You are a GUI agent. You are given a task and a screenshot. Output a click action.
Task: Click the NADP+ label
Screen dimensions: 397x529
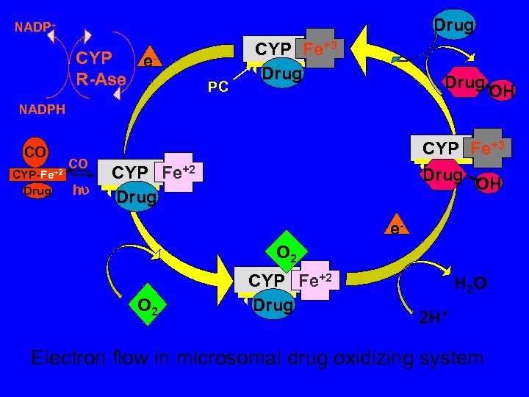coord(35,28)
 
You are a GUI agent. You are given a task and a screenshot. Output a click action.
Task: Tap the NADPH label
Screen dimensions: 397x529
coord(42,110)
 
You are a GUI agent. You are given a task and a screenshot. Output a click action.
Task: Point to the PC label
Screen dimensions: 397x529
coord(217,87)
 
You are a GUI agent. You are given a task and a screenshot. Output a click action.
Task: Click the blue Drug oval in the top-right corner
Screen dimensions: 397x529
coord(454,25)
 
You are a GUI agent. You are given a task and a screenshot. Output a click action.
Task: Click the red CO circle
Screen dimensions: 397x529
coord(35,152)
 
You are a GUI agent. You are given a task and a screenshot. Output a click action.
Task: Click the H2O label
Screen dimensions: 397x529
coord(469,282)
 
